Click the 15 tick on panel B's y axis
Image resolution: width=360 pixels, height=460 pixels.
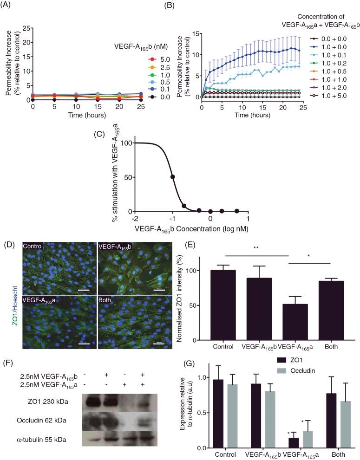[196, 34]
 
